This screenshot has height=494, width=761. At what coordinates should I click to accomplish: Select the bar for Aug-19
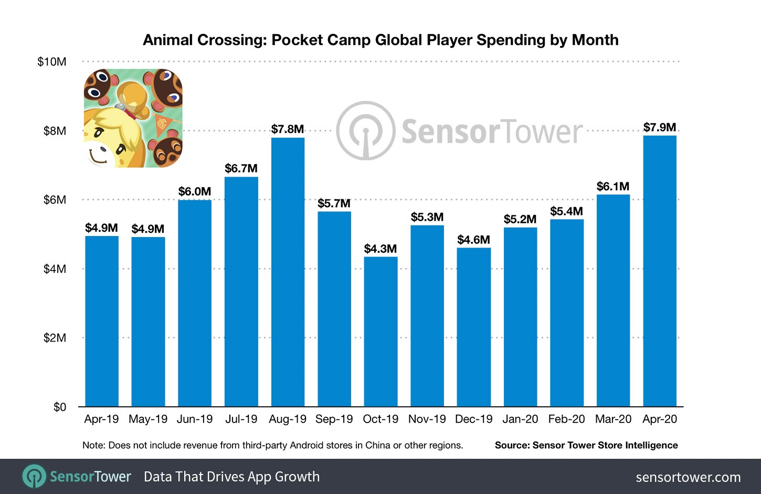pos(288,272)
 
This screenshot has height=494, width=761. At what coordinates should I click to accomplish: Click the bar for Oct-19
pos(380,332)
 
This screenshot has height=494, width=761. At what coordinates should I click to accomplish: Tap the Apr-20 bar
pos(660,271)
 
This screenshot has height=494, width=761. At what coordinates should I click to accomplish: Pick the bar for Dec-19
pos(474,327)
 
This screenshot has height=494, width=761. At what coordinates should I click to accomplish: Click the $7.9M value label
pos(660,127)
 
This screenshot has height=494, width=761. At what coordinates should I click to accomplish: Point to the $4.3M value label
pos(380,249)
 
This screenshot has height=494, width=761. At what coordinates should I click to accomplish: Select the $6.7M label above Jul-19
pos(241,169)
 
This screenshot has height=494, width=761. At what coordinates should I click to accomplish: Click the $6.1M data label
pos(613,187)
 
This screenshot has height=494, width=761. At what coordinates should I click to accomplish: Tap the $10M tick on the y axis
pos(52,62)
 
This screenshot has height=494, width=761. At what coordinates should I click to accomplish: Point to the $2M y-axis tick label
pos(55,338)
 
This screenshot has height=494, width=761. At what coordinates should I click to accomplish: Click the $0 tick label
pos(60,407)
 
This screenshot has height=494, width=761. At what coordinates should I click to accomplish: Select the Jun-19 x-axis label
pos(195,419)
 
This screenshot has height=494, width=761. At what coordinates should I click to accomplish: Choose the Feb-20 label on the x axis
pos(566,419)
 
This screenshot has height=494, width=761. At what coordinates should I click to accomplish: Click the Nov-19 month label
pos(427,419)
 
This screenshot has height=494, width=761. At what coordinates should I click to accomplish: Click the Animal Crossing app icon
pos(133,118)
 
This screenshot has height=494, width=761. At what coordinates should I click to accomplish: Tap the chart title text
pos(380,40)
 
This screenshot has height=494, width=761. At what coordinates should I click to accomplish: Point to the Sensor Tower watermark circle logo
pos(365,131)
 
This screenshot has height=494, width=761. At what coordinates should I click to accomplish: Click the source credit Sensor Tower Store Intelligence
pos(586,445)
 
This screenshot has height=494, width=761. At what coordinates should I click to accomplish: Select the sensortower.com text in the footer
pos(688,477)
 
